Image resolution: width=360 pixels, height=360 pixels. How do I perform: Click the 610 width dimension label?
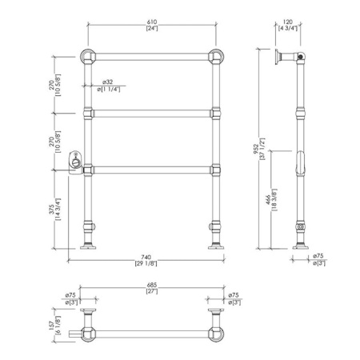[152, 22]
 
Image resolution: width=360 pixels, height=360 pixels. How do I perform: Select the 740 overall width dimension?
[146, 258]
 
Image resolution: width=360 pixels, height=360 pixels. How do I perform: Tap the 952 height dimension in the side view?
[255, 149]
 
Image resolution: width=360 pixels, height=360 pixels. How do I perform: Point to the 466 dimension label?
[268, 200]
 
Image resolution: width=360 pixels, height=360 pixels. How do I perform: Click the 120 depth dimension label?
[288, 22]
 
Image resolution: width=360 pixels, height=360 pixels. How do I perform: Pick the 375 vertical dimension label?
[51, 209]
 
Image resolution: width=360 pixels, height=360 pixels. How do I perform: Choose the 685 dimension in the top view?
[152, 286]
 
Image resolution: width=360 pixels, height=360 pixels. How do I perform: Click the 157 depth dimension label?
[51, 326]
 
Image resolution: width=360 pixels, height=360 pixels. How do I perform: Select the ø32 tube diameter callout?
[107, 82]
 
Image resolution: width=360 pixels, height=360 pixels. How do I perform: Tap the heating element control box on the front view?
[75, 162]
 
